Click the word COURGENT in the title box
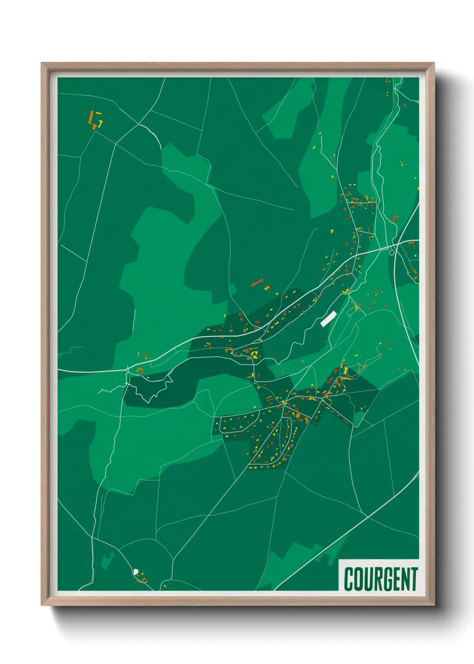coord(381,579)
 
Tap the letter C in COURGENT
coord(349,579)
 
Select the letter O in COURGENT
coord(358,579)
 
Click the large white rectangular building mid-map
coord(328,319)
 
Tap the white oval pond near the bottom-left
coord(136,572)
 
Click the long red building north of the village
coord(256,283)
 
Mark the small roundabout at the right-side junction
coord(392,252)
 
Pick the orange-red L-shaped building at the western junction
coord(140,371)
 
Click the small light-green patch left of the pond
coord(108,561)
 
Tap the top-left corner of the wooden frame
coord(42,63)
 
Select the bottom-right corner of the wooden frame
coord(434,605)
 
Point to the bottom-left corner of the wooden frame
coord(42,605)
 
